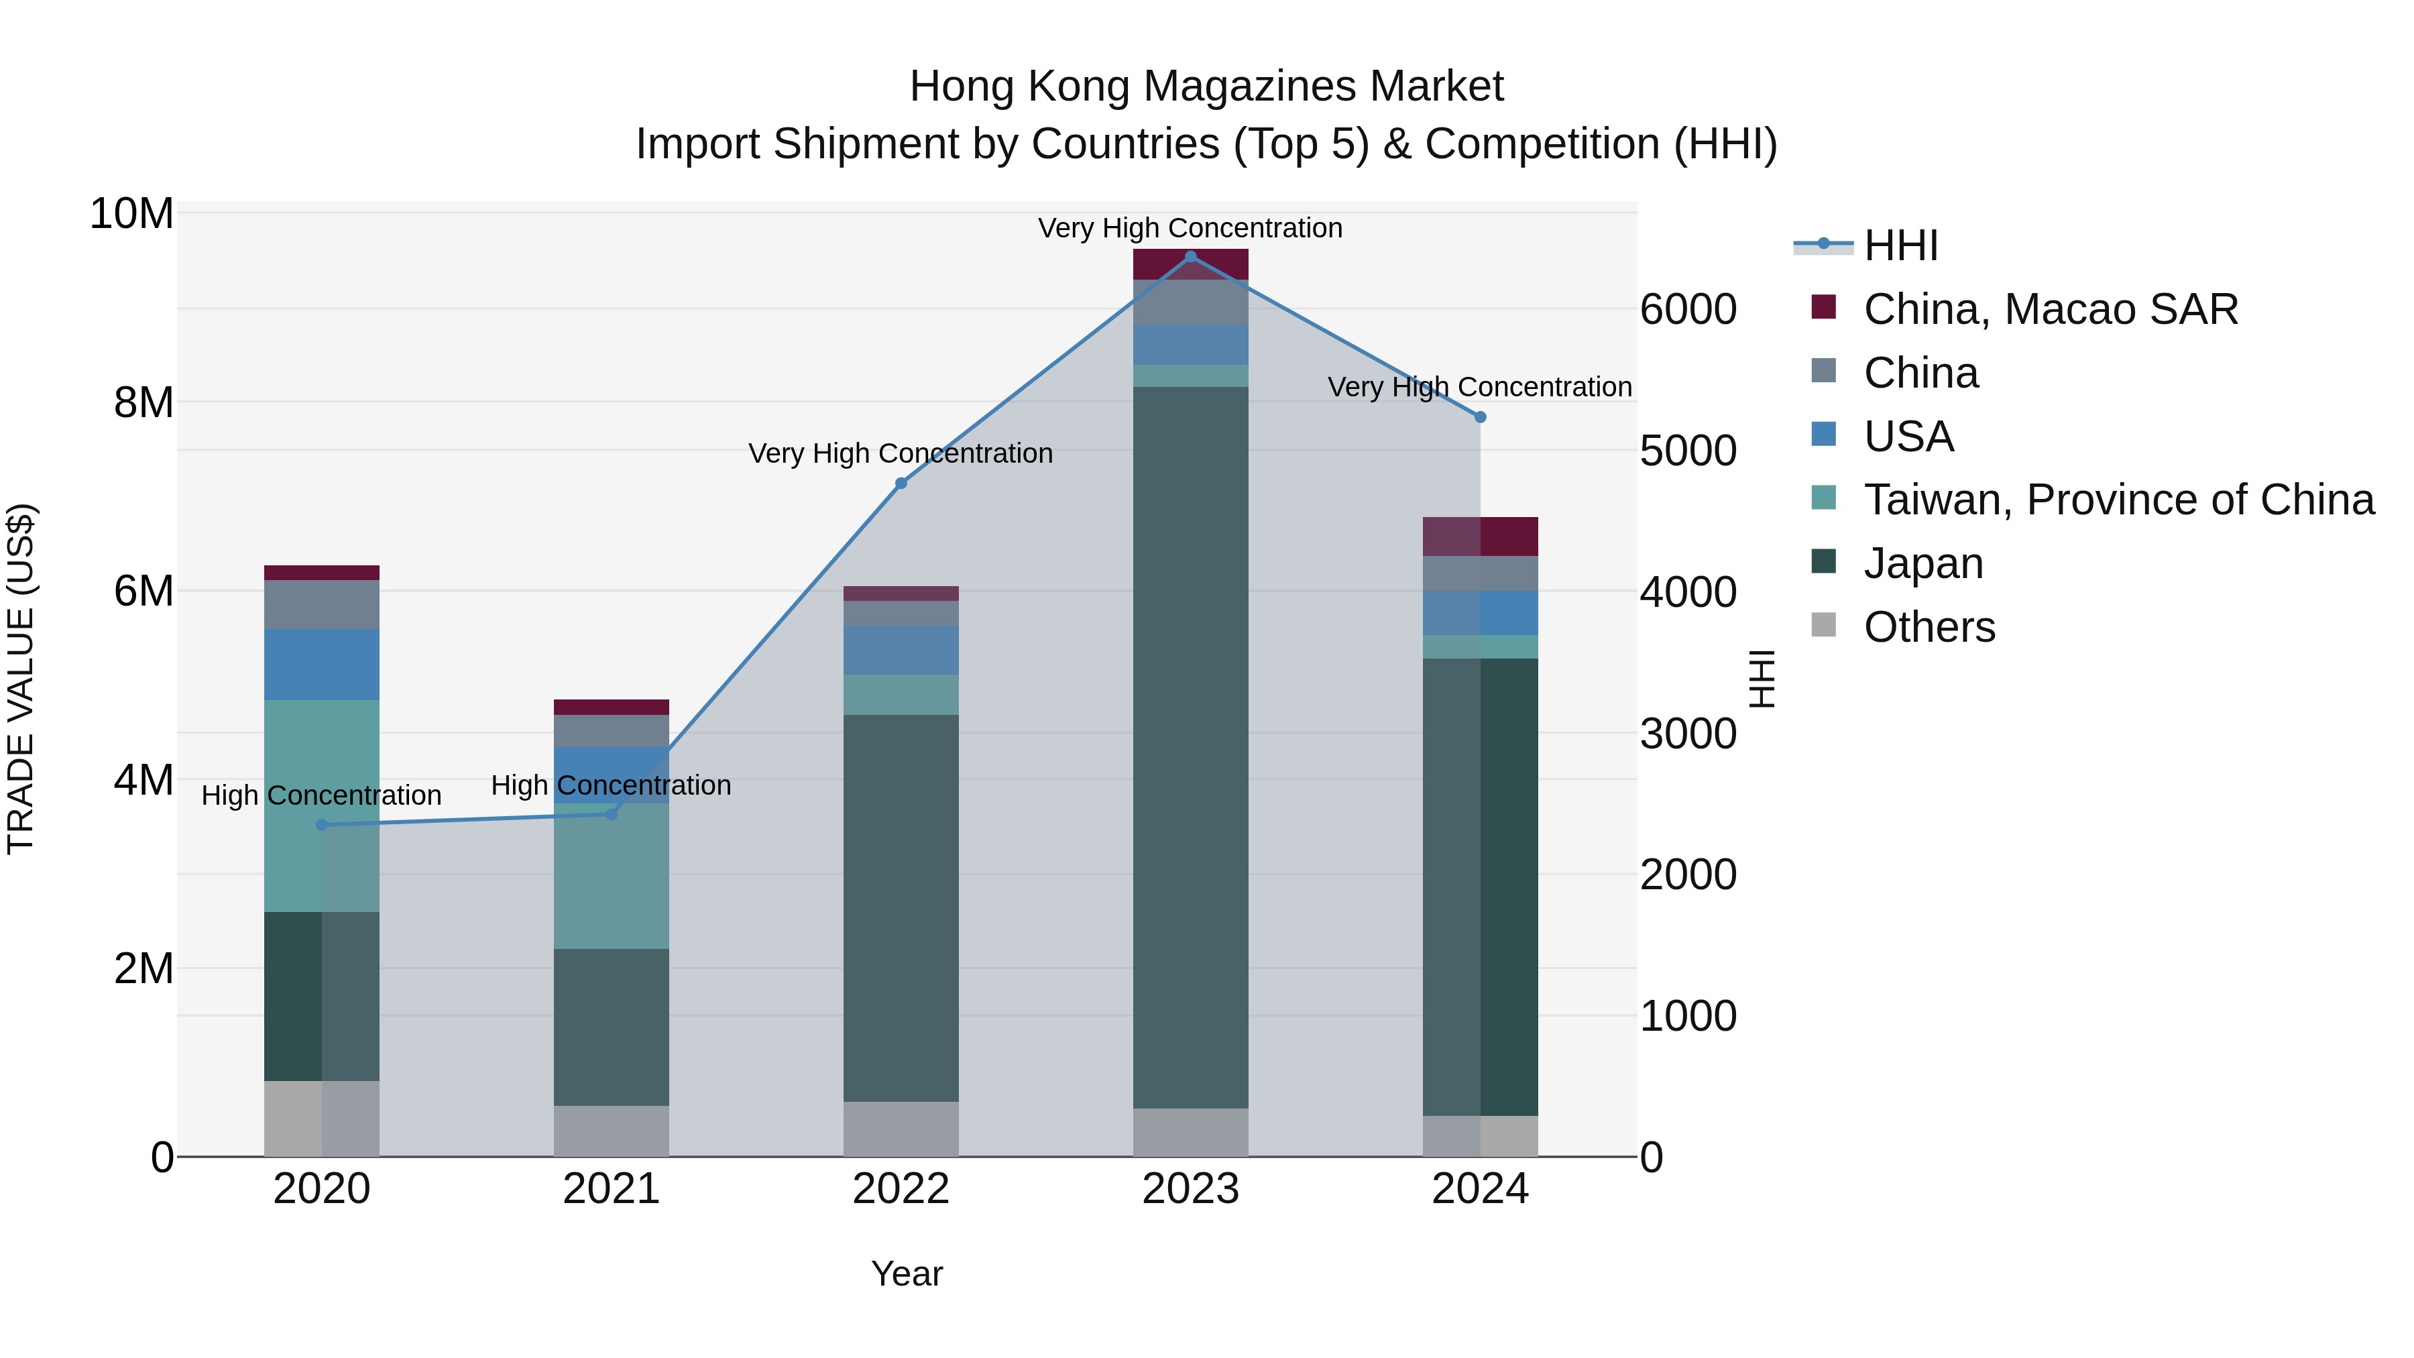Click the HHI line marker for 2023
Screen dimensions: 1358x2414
[1190, 257]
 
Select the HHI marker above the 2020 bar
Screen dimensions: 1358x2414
[321, 825]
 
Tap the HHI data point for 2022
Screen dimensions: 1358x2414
[901, 484]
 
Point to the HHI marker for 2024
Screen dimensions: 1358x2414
[1480, 417]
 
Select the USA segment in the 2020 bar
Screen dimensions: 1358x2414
[321, 665]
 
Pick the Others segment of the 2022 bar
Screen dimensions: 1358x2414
[901, 1129]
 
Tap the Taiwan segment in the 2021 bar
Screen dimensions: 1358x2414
[611, 876]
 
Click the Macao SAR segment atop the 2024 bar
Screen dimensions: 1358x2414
[1480, 536]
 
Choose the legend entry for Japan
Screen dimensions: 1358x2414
[1922, 563]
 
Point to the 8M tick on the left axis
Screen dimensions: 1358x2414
[142, 403]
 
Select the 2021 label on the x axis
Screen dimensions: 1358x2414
[611, 1189]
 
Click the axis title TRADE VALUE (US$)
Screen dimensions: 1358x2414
[21, 679]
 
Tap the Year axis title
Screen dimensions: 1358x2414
[906, 1274]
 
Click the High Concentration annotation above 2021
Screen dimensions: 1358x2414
[611, 785]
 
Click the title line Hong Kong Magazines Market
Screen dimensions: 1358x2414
[1206, 87]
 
